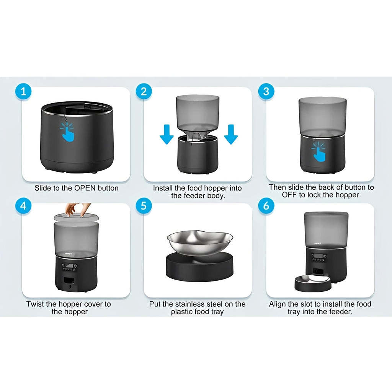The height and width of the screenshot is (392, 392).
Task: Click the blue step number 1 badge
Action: click(24, 92)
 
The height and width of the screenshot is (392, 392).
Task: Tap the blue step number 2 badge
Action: click(144, 92)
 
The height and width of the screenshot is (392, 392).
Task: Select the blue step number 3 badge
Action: click(266, 92)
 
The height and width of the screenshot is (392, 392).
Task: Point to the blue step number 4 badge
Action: click(24, 206)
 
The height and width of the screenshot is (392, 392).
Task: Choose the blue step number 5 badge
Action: click(144, 206)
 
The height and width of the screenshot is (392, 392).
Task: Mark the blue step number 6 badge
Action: click(266, 206)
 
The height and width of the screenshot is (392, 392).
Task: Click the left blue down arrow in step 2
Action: click(167, 134)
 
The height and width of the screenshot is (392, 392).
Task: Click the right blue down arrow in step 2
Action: click(231, 134)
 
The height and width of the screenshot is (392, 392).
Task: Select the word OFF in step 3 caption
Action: click(290, 195)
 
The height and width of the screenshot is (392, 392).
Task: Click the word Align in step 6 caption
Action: click(278, 304)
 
